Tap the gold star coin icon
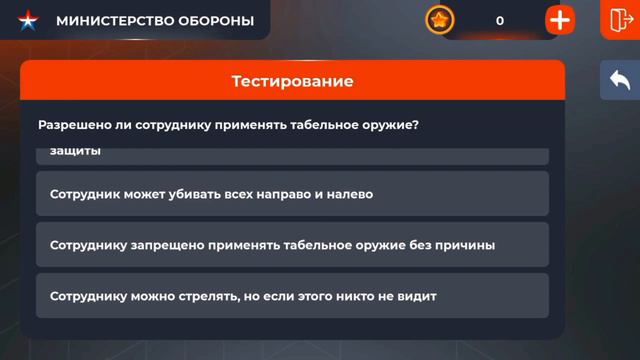tap(440, 20)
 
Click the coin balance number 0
tap(500, 21)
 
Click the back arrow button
tap(619, 81)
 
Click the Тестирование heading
tap(292, 81)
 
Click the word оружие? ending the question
tap(391, 126)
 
